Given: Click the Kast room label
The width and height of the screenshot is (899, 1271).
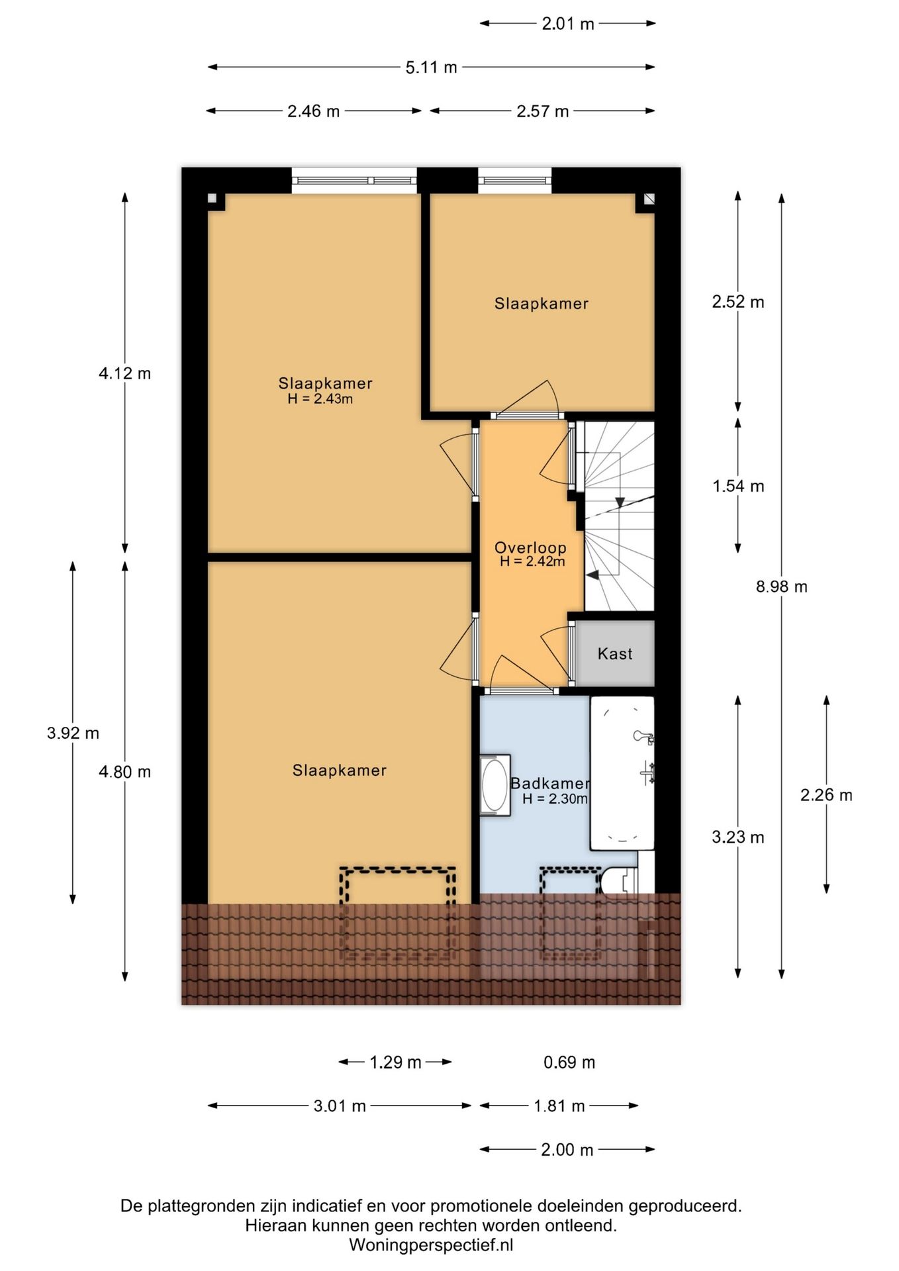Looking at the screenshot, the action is (615, 654).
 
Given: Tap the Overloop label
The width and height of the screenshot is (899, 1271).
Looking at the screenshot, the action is (530, 547).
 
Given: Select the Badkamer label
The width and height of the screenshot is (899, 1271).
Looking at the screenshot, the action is (550, 783).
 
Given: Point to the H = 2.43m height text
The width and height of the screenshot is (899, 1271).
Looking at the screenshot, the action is (320, 399).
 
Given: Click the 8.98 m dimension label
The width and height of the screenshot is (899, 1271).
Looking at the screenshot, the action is (782, 587).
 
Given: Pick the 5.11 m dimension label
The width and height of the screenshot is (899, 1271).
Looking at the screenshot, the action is (431, 68).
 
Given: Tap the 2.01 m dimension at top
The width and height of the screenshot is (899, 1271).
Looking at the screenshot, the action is (568, 24).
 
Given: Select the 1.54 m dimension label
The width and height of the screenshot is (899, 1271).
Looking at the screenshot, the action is (738, 487).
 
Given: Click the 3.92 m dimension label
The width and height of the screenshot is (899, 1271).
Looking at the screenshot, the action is (73, 733).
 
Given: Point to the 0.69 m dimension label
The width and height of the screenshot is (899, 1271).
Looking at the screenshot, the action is (569, 1062).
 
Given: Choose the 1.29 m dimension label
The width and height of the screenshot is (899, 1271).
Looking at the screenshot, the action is (395, 1062).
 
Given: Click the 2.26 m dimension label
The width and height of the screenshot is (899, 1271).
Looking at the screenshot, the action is (826, 795).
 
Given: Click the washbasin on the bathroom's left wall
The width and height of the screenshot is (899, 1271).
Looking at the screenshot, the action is (495, 785).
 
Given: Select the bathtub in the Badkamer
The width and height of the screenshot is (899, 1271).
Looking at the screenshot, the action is (622, 773).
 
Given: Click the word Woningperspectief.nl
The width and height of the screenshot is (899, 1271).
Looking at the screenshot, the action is (431, 1245).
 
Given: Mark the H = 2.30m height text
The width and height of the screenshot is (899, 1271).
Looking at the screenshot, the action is (555, 799).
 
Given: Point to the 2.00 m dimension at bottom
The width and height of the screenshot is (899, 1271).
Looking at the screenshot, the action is (567, 1150).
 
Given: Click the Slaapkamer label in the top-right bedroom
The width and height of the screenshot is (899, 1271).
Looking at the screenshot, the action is (542, 304).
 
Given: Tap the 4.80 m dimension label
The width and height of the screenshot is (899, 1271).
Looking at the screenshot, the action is (124, 772).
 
